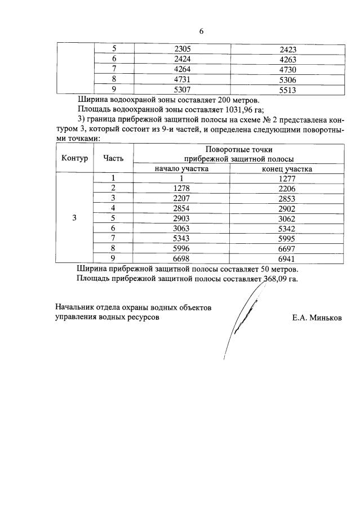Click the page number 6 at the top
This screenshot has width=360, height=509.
click(201, 32)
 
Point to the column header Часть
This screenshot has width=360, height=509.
click(113, 158)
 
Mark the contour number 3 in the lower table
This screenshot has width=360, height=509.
click(75, 218)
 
